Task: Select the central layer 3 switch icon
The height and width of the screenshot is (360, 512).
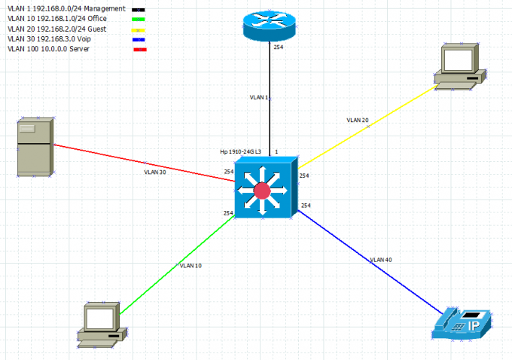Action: [262, 189]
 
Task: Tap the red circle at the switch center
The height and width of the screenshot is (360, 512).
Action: [262, 191]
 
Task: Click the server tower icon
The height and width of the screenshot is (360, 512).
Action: [35, 147]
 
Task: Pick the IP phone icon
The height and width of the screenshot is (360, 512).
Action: [462, 323]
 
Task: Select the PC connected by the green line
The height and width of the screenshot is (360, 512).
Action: [100, 325]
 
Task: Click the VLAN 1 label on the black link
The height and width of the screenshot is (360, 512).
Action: [259, 98]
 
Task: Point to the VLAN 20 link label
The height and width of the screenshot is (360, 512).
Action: [358, 120]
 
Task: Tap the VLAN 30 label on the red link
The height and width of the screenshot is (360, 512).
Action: [155, 172]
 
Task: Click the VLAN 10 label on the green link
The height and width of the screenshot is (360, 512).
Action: [190, 266]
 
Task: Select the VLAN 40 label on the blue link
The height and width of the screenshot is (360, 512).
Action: [381, 260]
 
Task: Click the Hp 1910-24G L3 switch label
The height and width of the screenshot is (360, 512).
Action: [240, 151]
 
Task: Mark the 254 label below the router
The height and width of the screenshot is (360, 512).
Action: [278, 46]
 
